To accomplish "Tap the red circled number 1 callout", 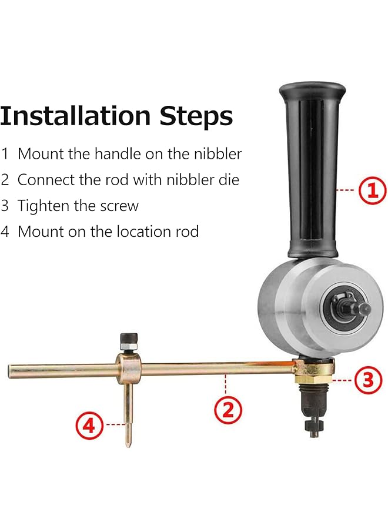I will pyautogui.click(x=372, y=190).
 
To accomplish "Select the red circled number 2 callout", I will pyautogui.click(x=228, y=409).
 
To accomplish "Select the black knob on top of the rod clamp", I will pyautogui.click(x=128, y=339).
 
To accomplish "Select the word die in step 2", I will pyautogui.click(x=229, y=180).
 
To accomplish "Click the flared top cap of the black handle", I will pyautogui.click(x=312, y=92).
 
